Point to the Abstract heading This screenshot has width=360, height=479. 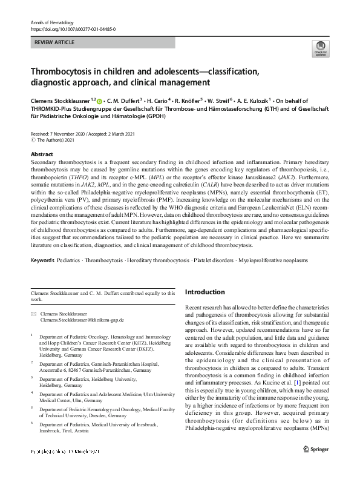click(42, 154)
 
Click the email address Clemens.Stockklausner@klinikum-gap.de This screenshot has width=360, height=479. click(82, 319)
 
